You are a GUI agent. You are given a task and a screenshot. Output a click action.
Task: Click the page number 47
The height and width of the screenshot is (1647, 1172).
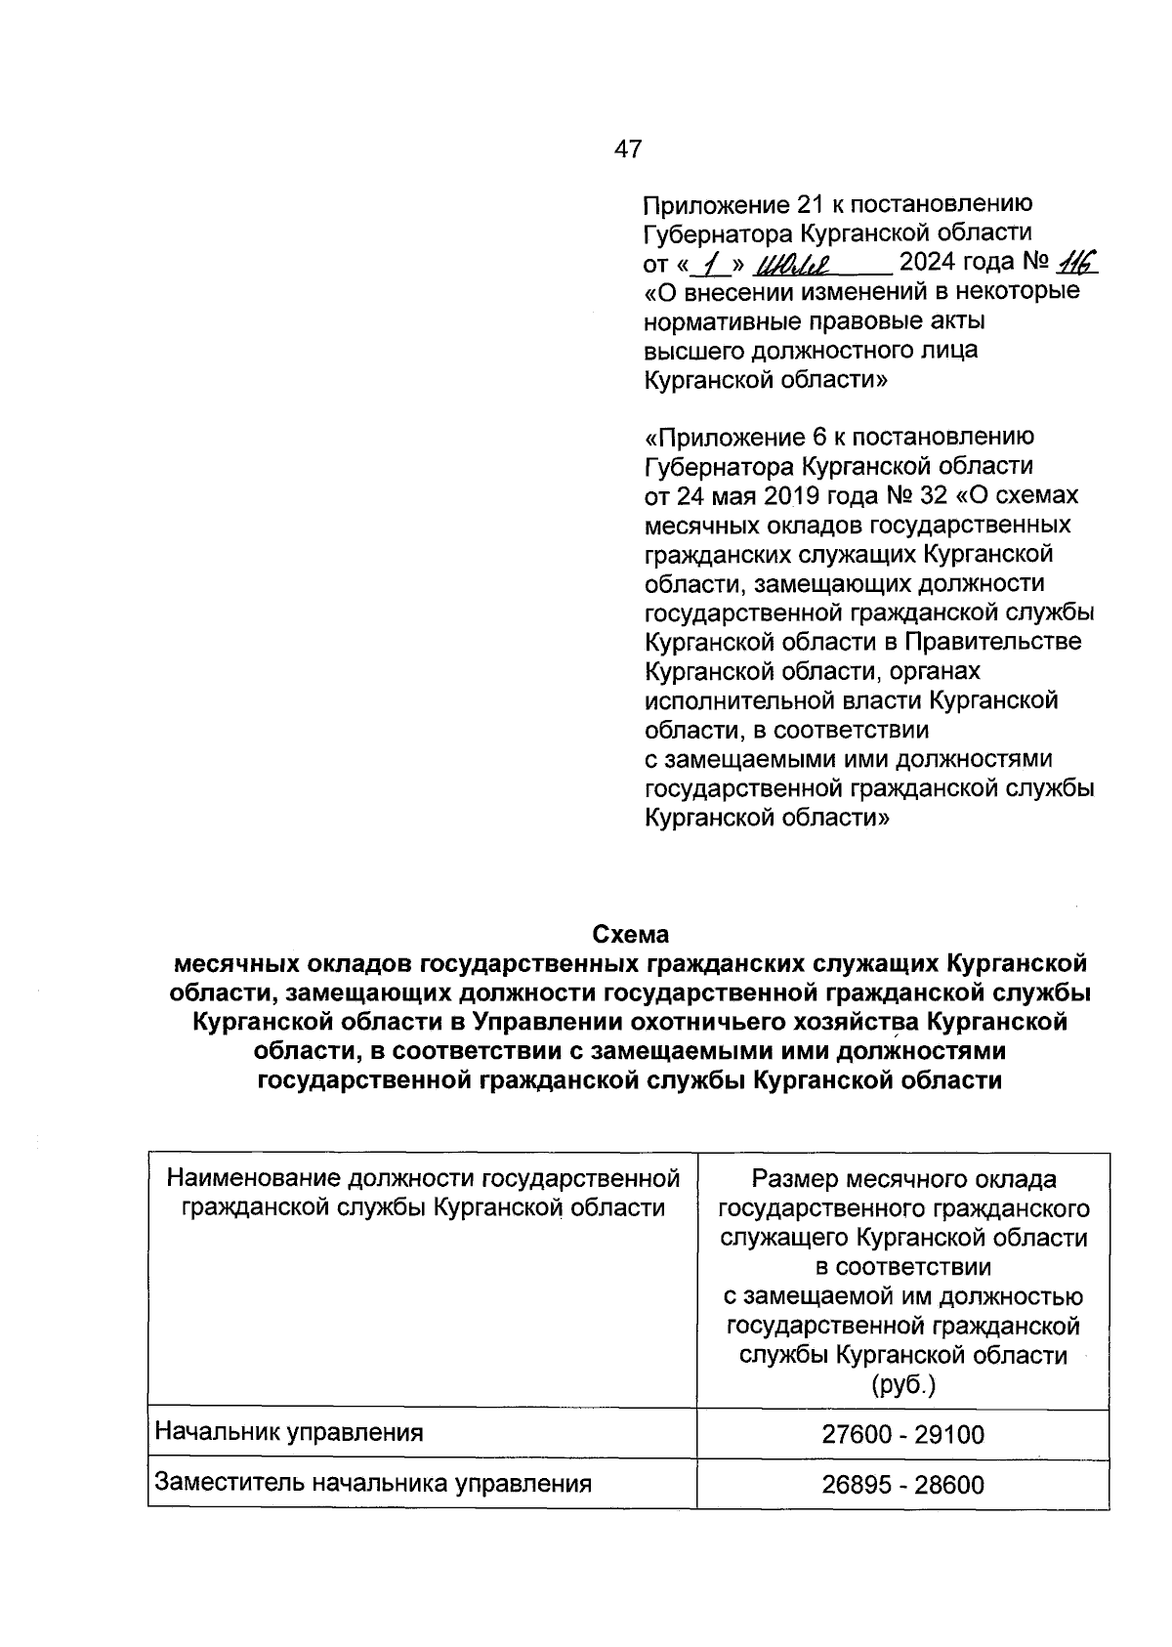628,148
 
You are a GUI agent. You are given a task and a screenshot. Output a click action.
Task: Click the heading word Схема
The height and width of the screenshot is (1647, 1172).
632,934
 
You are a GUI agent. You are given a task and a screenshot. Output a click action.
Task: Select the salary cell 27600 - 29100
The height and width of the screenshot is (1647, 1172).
902,1434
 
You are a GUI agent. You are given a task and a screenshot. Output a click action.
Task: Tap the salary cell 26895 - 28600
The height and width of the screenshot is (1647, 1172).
902,1485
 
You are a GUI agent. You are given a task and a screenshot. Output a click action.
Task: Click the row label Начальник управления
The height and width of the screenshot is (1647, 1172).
289,1433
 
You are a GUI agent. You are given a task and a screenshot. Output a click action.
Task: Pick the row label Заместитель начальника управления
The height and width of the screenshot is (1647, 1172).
373,1484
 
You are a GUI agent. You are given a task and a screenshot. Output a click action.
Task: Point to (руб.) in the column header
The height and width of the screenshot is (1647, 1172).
903,1384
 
